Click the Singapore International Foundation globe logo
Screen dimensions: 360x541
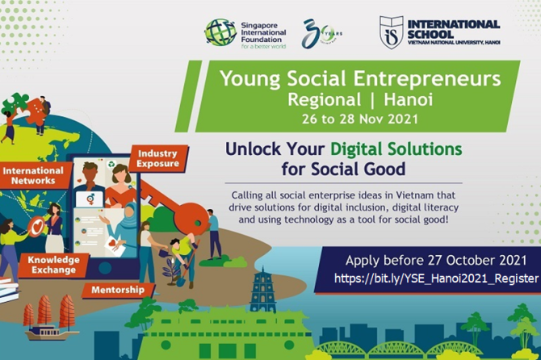click(x=220, y=32)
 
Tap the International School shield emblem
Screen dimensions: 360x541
click(x=392, y=32)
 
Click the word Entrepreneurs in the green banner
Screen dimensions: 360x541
click(x=434, y=79)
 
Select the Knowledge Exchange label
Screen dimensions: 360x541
click(x=54, y=266)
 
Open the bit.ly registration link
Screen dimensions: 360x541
click(x=436, y=278)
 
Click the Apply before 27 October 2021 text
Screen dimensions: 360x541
click(x=437, y=260)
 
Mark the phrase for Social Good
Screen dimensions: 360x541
click(x=342, y=170)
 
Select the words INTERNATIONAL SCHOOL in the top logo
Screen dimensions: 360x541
click(x=454, y=30)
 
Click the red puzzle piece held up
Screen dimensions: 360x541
click(x=36, y=108)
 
